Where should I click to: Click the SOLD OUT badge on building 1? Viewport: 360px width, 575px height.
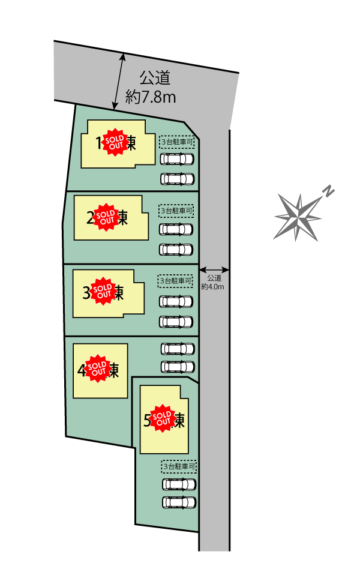[x=115, y=142]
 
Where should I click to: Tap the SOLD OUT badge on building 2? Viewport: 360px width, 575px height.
[x=107, y=217]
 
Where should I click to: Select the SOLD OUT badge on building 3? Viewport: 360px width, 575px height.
[x=103, y=291]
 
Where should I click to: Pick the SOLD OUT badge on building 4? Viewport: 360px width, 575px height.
[x=97, y=369]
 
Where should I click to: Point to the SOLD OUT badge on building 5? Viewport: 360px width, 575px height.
[x=161, y=418]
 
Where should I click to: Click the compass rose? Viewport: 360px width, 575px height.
[x=298, y=216]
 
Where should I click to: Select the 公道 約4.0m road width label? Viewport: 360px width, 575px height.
[x=214, y=282]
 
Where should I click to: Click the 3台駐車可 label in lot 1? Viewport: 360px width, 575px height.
[x=178, y=142]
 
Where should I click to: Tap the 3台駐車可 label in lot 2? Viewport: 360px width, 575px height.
[x=177, y=211]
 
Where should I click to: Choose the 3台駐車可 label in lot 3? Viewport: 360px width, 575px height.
[x=176, y=280]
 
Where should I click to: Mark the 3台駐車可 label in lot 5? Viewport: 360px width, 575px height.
[x=179, y=466]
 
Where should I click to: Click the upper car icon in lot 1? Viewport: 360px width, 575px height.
[x=178, y=159]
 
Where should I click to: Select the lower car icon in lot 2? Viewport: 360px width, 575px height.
[x=176, y=248]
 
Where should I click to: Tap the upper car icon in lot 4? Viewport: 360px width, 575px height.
[x=178, y=348]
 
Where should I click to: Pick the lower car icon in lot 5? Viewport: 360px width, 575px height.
[x=179, y=502]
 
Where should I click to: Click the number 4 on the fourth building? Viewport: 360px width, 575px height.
[x=82, y=370]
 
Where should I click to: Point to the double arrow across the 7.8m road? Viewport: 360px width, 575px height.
[x=119, y=82]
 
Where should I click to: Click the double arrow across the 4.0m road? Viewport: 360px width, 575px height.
[x=214, y=269]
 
